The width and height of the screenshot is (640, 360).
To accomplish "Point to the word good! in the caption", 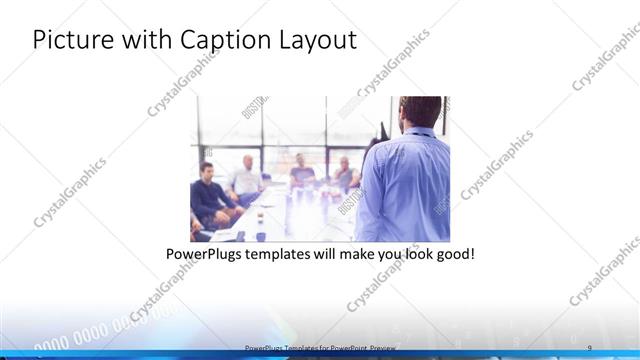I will pyautogui.click(x=455, y=254).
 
